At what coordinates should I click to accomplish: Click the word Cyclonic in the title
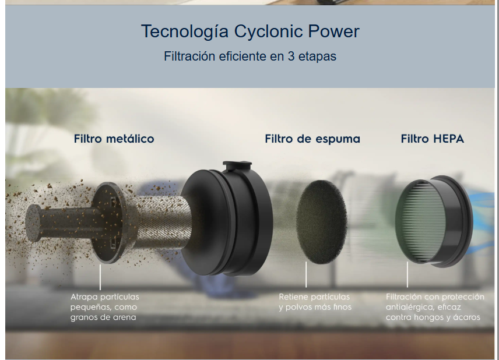[268, 31]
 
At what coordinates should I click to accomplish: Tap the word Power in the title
[333, 31]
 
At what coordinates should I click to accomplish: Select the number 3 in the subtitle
[291, 57]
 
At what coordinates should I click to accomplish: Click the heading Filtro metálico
[114, 139]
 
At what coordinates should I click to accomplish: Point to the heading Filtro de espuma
[312, 139]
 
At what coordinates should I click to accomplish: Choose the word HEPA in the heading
[448, 139]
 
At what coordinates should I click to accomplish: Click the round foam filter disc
[321, 222]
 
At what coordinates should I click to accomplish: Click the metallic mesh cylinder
[162, 222]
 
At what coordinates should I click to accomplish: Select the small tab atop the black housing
[237, 165]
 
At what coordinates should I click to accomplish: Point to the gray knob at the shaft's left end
[33, 223]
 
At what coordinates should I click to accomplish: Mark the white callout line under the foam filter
[306, 274]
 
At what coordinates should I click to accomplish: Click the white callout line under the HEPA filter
[407, 274]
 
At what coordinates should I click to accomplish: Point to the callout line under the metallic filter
[100, 277]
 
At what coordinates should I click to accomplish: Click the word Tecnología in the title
[185, 31]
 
